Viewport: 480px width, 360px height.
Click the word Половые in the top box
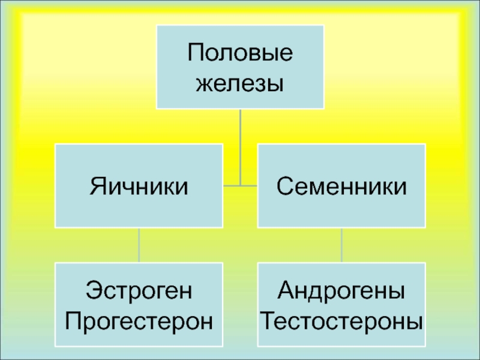point(240,54)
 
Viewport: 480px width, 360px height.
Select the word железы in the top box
point(240,82)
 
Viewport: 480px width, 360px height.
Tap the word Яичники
point(139,186)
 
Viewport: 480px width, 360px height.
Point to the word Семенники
point(341,186)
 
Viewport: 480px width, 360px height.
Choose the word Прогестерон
point(139,320)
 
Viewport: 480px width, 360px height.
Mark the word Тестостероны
point(341,320)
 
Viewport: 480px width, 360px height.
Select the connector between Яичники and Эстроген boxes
point(139,245)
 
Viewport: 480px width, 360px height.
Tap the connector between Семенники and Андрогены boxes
point(341,245)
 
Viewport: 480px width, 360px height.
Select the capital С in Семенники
point(284,186)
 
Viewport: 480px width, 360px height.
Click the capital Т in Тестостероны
point(268,320)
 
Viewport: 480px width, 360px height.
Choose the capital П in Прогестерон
point(74,320)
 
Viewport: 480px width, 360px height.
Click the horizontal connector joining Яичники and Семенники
point(240,185)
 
